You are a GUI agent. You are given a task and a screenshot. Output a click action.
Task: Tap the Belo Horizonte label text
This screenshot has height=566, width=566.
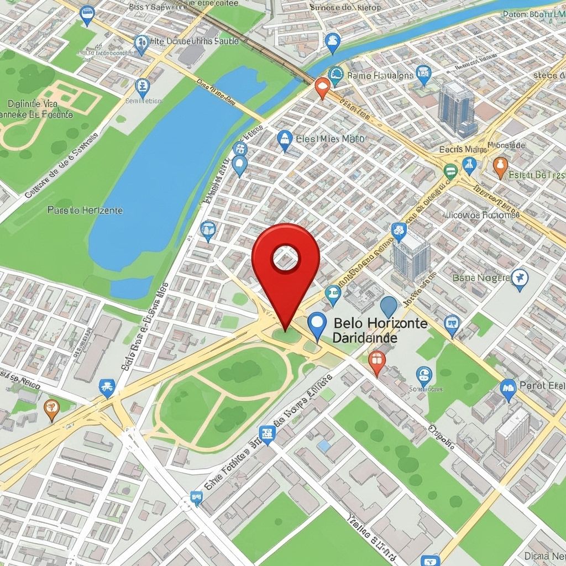381,323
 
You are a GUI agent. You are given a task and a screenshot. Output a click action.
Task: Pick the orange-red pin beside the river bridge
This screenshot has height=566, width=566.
322,87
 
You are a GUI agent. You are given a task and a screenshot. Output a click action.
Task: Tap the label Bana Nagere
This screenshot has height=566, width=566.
481,277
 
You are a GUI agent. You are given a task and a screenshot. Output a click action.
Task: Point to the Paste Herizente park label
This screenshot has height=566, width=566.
85,210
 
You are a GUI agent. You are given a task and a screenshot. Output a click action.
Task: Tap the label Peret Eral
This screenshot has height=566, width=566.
542,385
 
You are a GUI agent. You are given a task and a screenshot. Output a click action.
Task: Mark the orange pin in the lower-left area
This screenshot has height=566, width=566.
51,408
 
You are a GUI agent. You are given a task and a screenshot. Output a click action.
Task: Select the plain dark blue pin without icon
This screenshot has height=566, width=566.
389,306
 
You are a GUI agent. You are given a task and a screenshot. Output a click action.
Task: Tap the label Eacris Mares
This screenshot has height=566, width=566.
463,149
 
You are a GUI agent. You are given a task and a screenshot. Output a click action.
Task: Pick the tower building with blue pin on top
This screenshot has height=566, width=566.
411,254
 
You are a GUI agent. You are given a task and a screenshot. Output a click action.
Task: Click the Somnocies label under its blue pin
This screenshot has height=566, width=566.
426,389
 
